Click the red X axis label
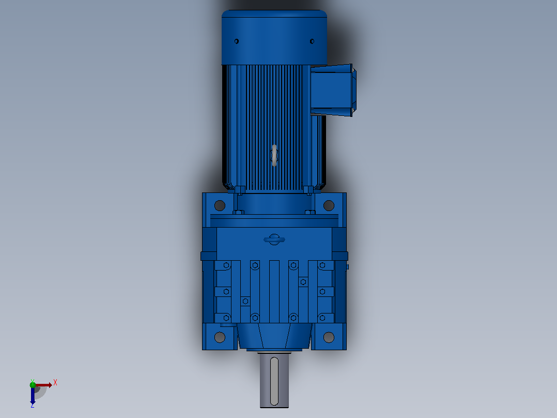coord(55,383)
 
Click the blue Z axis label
coord(33,405)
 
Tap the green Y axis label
coord(33,381)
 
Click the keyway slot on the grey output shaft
coord(274,381)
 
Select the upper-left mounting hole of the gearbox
coord(220,205)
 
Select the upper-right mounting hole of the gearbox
coord(329,205)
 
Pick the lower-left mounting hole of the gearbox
coord(220,337)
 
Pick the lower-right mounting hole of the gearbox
coord(329,337)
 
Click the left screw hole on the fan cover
coord(237,41)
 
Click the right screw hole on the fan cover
coord(312,41)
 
